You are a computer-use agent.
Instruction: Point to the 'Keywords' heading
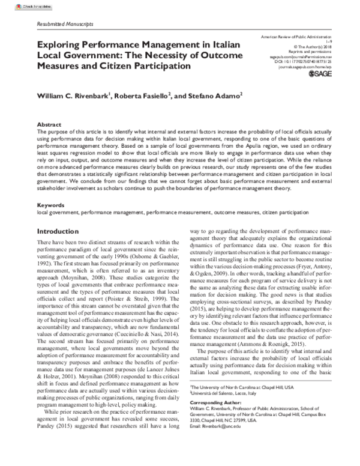pos(50,205)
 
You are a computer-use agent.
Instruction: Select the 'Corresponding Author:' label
pos(214,418)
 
